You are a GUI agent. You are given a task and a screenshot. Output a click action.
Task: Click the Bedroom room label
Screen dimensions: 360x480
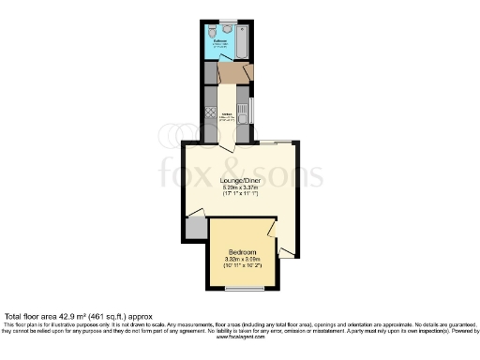pyautogui.click(x=241, y=252)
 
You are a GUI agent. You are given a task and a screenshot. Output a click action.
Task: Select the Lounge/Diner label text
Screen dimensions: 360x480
pyautogui.click(x=241, y=180)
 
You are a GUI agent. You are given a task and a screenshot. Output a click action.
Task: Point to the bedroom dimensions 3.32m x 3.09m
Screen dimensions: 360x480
pyautogui.click(x=241, y=260)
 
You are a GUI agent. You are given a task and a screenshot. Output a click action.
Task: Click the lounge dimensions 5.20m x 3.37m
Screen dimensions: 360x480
pyautogui.click(x=241, y=187)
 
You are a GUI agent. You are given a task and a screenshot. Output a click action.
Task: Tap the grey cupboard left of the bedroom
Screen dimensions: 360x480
pyautogui.click(x=195, y=227)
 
